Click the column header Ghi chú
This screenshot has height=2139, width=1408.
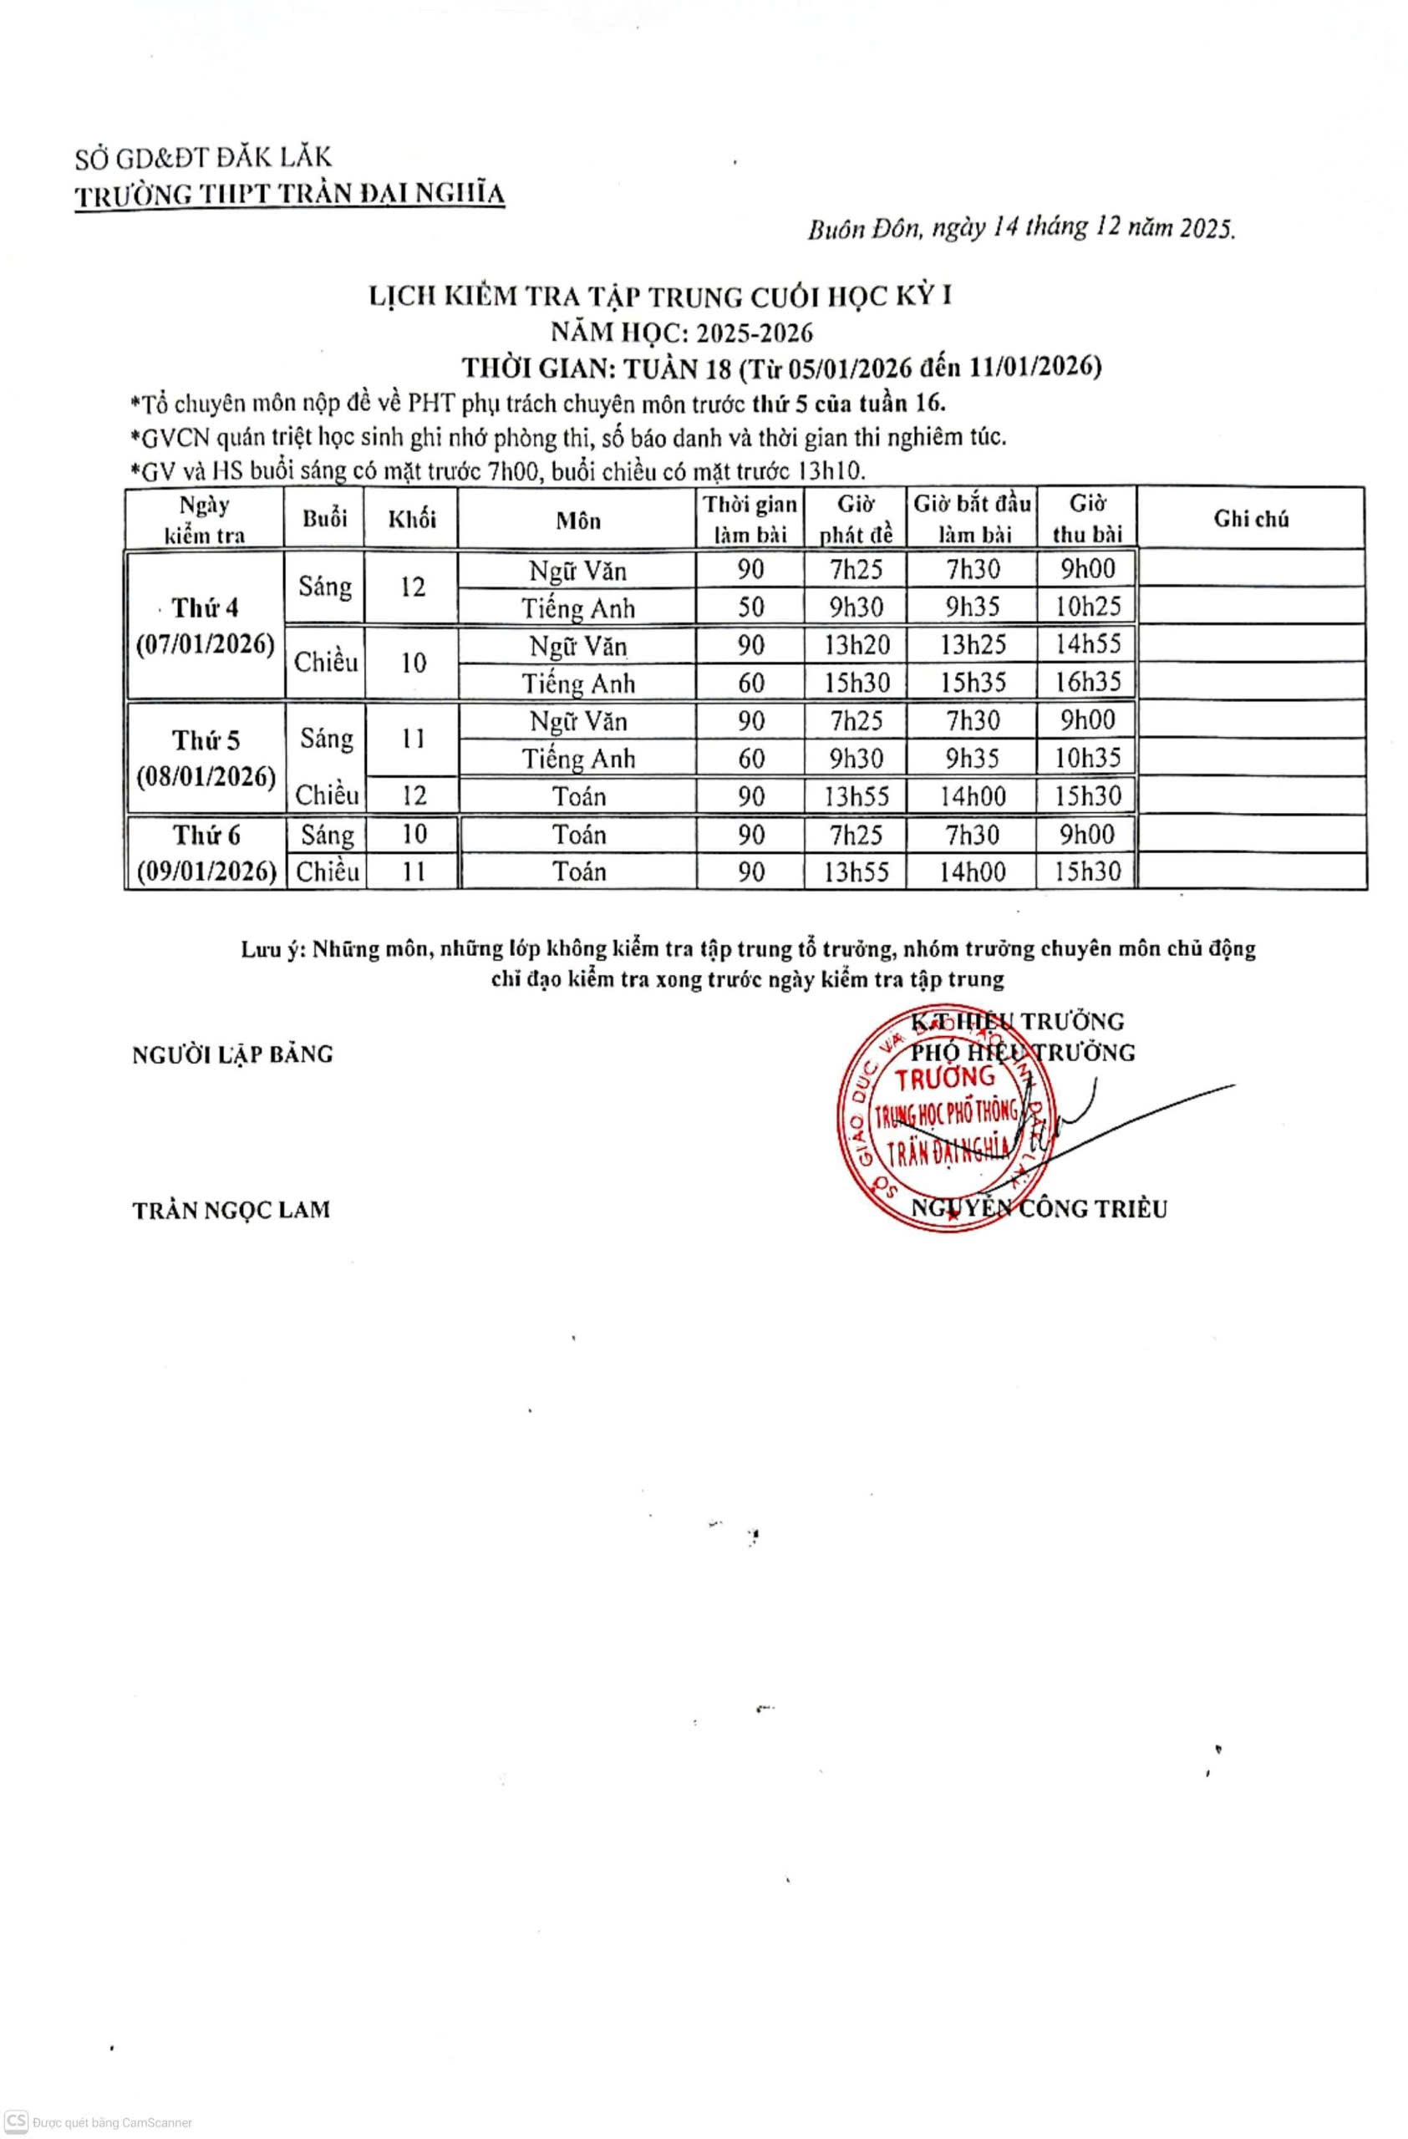coord(1250,519)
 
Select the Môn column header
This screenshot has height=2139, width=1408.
coord(577,521)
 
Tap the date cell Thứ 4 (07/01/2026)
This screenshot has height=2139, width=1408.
coord(206,626)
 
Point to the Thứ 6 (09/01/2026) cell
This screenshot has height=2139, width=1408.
coord(206,853)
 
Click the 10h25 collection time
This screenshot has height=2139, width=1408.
coord(1087,607)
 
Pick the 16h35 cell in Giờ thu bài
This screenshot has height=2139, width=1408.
coord(1087,682)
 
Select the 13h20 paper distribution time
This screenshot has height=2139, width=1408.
coord(856,644)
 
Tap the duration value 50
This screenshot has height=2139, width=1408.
coord(750,607)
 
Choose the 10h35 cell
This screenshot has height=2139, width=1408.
coord(1087,758)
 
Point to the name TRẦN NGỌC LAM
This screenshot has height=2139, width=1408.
coord(231,1210)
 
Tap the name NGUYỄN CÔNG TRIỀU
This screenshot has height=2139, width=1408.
coord(1039,1209)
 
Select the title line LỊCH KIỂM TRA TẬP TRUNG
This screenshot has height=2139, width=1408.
coord(660,297)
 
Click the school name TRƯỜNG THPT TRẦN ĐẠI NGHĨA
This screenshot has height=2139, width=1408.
coord(289,195)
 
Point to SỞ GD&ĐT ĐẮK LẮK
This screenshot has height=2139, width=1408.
coord(203,158)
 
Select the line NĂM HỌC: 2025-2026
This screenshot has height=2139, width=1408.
coord(682,333)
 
